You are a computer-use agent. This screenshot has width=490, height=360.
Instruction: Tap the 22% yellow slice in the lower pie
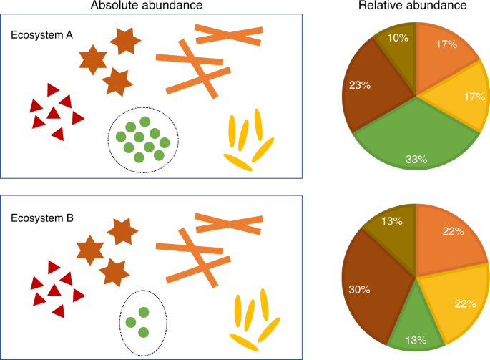458,301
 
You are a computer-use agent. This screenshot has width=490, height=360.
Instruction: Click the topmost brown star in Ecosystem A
124,41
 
